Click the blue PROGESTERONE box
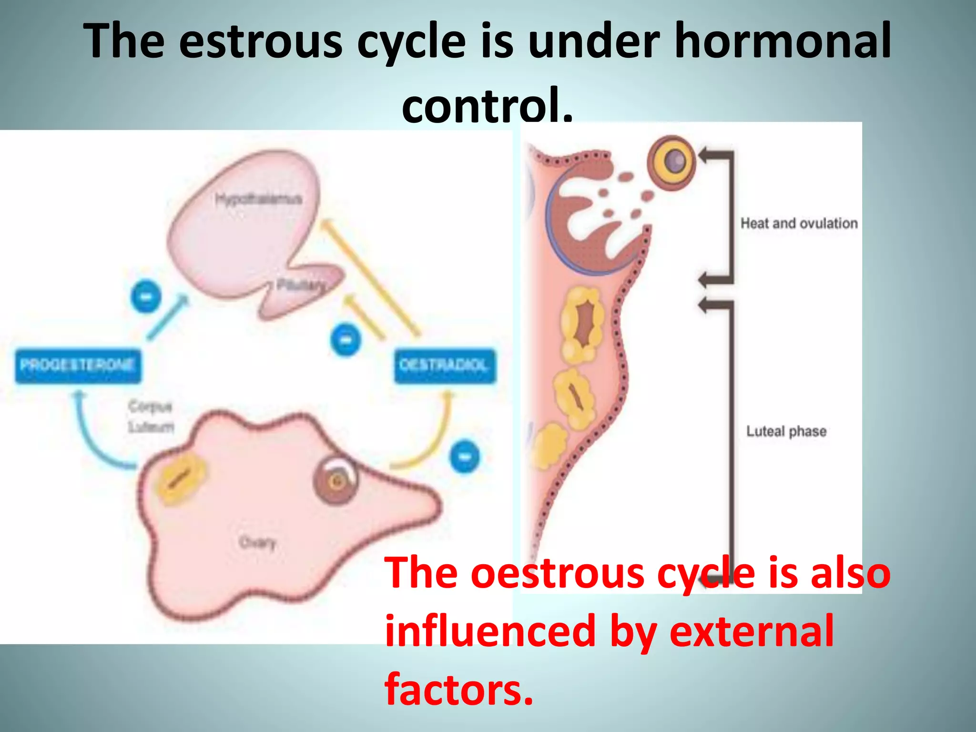click(78, 366)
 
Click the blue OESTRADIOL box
click(444, 366)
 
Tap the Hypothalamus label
click(258, 199)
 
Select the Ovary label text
click(257, 542)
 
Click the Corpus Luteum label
click(151, 417)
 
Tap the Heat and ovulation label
click(799, 223)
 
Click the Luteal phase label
click(786, 431)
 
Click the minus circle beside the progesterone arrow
click(146, 296)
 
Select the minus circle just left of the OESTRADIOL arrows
click(346, 340)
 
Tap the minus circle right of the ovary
click(465, 457)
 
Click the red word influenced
click(490, 631)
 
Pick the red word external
click(752, 631)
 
